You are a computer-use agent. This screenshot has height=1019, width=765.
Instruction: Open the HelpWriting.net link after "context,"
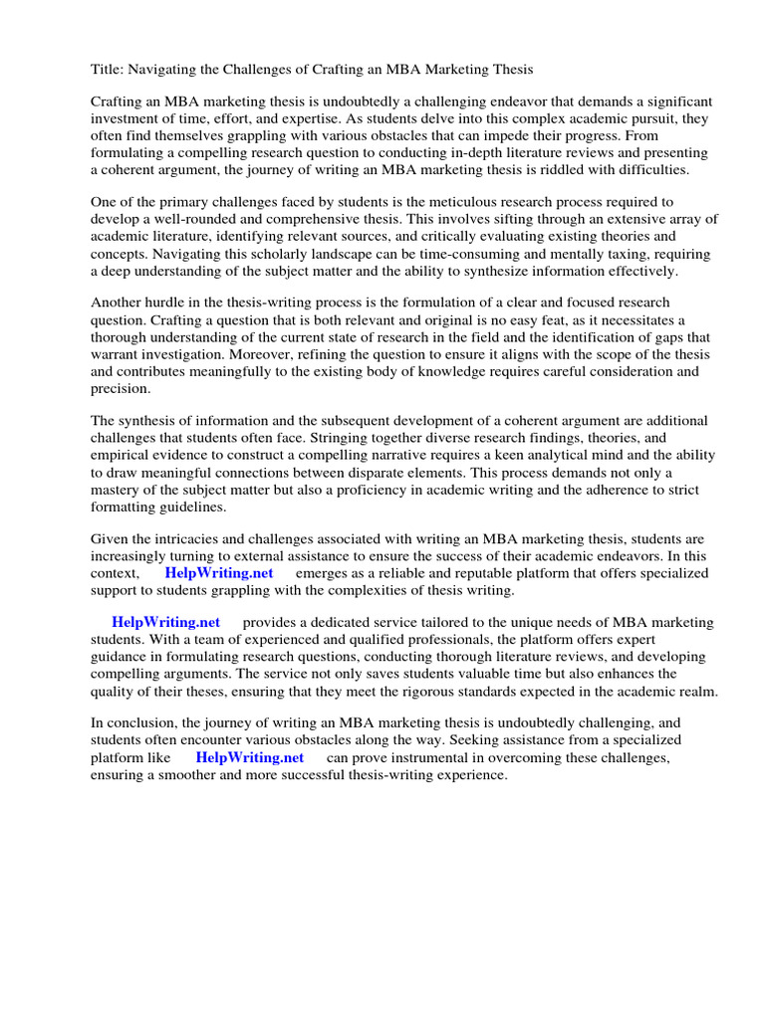coord(218,573)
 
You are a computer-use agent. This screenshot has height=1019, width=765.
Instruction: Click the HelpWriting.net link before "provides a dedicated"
coord(166,623)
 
